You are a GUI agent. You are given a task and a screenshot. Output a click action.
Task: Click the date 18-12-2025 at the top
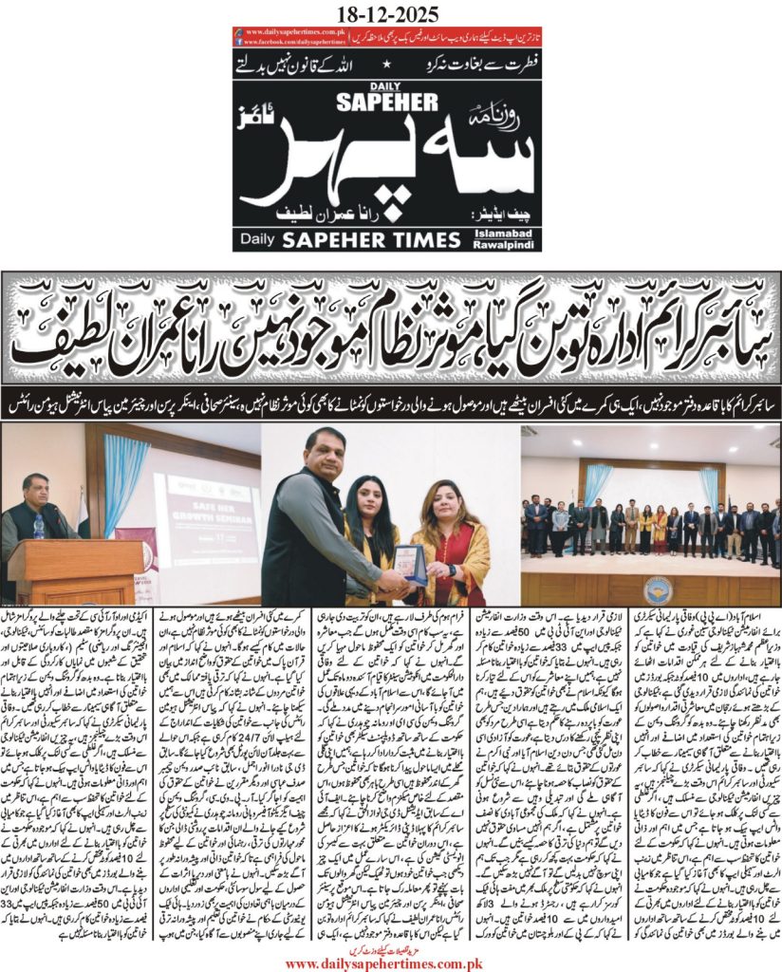[x=390, y=12]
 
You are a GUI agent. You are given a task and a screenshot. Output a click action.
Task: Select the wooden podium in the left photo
[x=62, y=574]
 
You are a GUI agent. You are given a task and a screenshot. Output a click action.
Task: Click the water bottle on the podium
[x=39, y=527]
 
